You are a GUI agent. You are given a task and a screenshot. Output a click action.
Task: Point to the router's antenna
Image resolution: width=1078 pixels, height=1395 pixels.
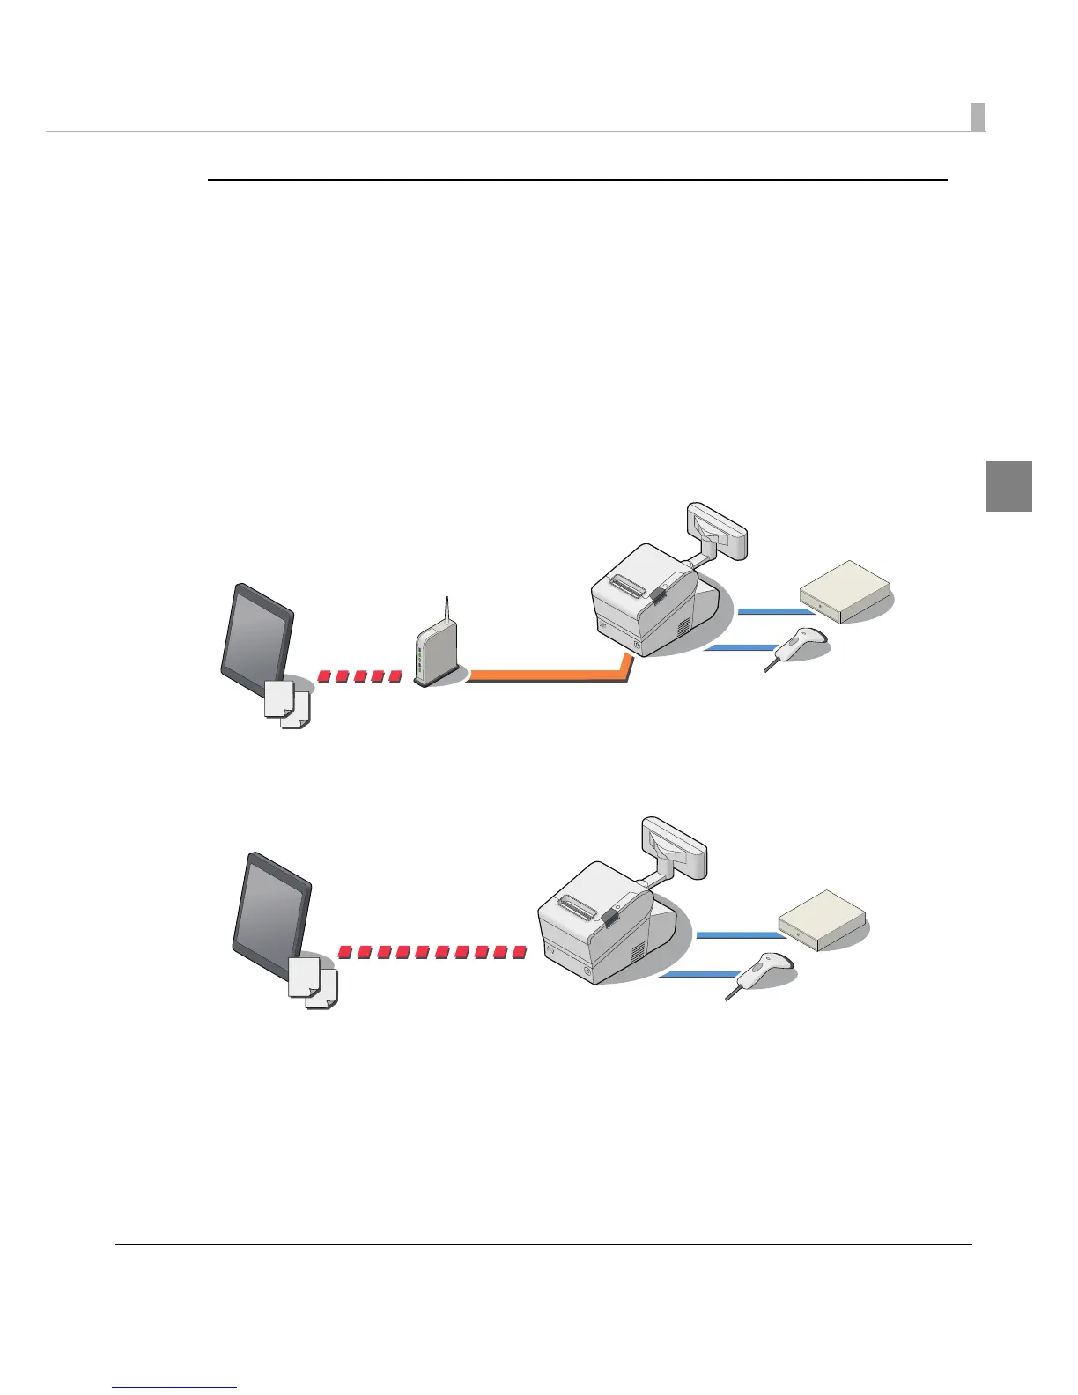447,606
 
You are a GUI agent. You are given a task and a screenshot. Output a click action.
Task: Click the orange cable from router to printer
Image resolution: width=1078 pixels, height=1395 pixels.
546,675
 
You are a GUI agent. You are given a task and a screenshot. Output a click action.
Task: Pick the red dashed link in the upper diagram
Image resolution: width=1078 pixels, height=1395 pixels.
359,676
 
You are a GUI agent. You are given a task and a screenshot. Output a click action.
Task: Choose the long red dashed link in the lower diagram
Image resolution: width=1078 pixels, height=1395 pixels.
432,952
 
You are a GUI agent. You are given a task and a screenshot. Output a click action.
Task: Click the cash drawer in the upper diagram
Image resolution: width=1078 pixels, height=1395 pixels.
843,591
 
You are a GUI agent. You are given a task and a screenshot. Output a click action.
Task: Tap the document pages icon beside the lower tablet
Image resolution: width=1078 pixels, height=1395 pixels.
312,982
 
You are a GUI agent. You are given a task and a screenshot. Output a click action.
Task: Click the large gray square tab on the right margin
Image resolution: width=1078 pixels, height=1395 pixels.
1008,485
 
